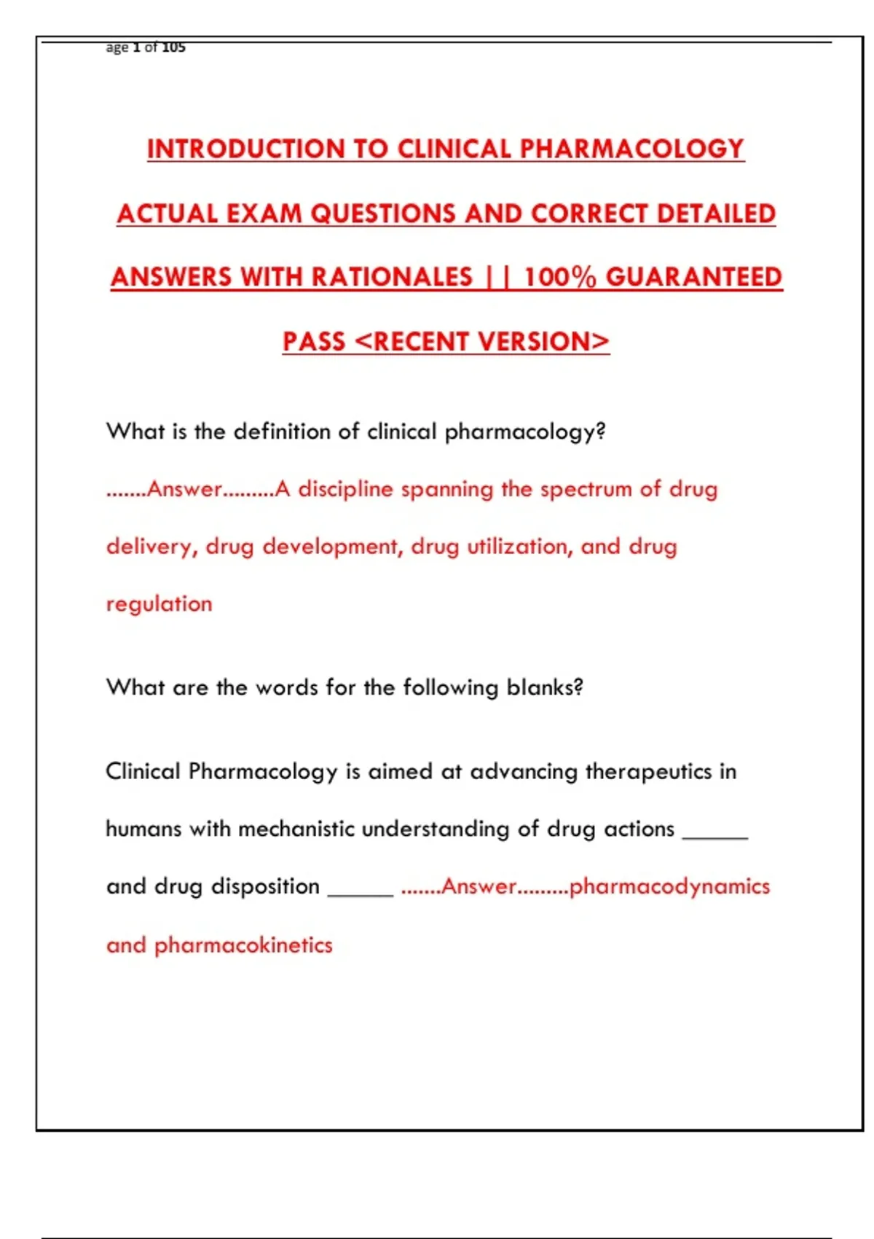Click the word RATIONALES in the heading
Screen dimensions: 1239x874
pyautogui.click(x=393, y=277)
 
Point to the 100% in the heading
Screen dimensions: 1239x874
pyautogui.click(x=560, y=277)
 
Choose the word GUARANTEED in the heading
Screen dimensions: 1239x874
pyautogui.click(x=694, y=277)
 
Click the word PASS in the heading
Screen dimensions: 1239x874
pyautogui.click(x=314, y=341)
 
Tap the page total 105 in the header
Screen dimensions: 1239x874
pyautogui.click(x=174, y=47)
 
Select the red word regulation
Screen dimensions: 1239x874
pyautogui.click(x=160, y=604)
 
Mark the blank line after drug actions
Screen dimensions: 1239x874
pyautogui.click(x=714, y=837)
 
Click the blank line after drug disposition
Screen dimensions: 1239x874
pyautogui.click(x=361, y=894)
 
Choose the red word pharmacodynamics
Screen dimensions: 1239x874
pyautogui.click(x=669, y=887)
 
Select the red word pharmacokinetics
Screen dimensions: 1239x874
pyautogui.click(x=243, y=945)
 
